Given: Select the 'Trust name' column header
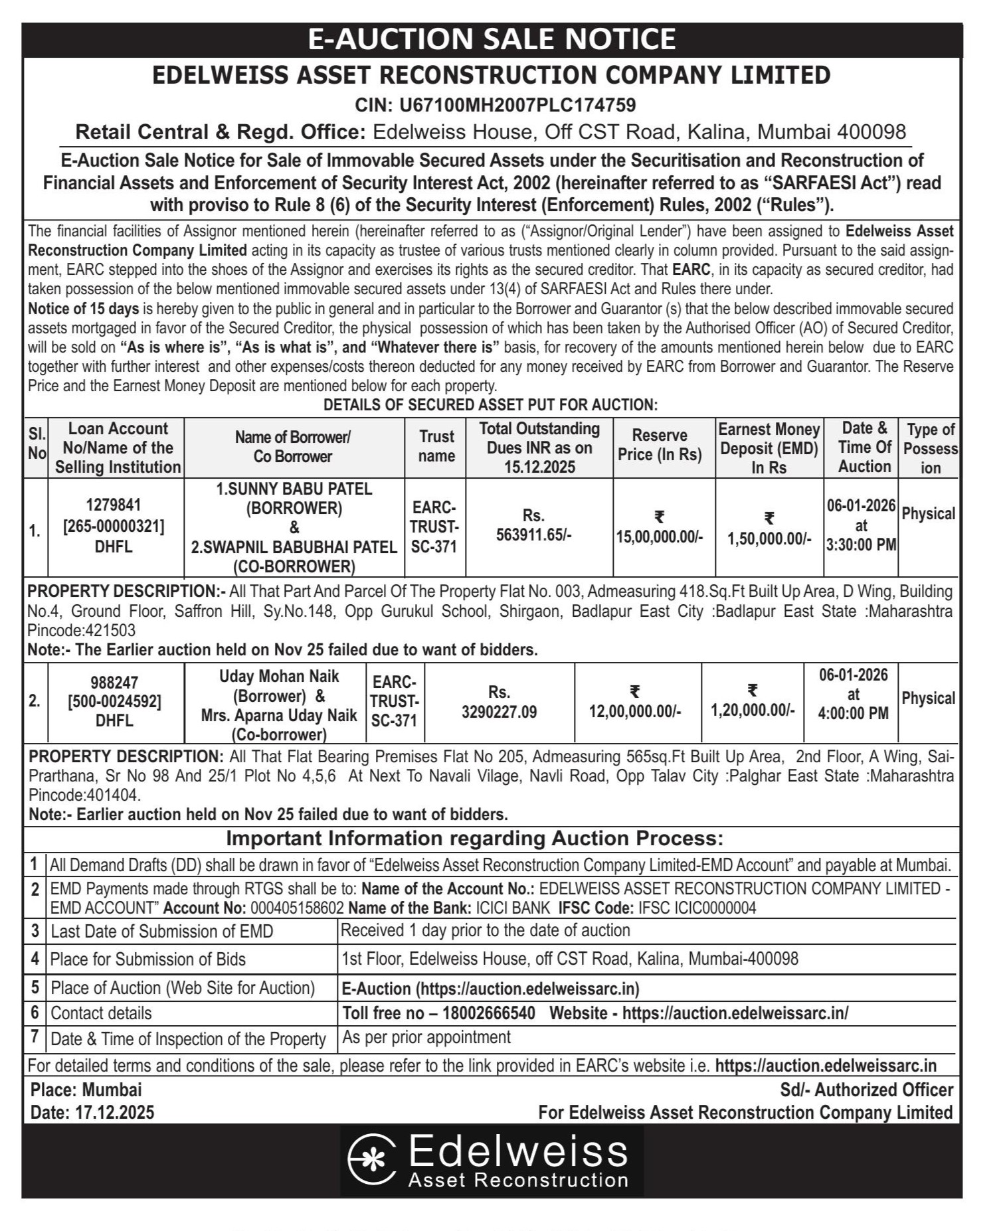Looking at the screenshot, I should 436,446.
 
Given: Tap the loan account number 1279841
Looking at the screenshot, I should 114,505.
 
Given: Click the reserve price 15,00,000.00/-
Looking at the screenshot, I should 660,536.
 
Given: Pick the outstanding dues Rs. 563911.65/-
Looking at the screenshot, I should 533,534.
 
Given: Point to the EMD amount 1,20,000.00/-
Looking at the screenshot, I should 753,710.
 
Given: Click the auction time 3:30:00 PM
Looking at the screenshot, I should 861,545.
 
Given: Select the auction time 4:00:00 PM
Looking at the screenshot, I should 853,714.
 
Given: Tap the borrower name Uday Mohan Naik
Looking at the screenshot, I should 279,677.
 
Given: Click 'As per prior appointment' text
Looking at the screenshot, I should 426,1037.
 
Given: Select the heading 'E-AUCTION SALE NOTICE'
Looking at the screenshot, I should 492,39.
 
